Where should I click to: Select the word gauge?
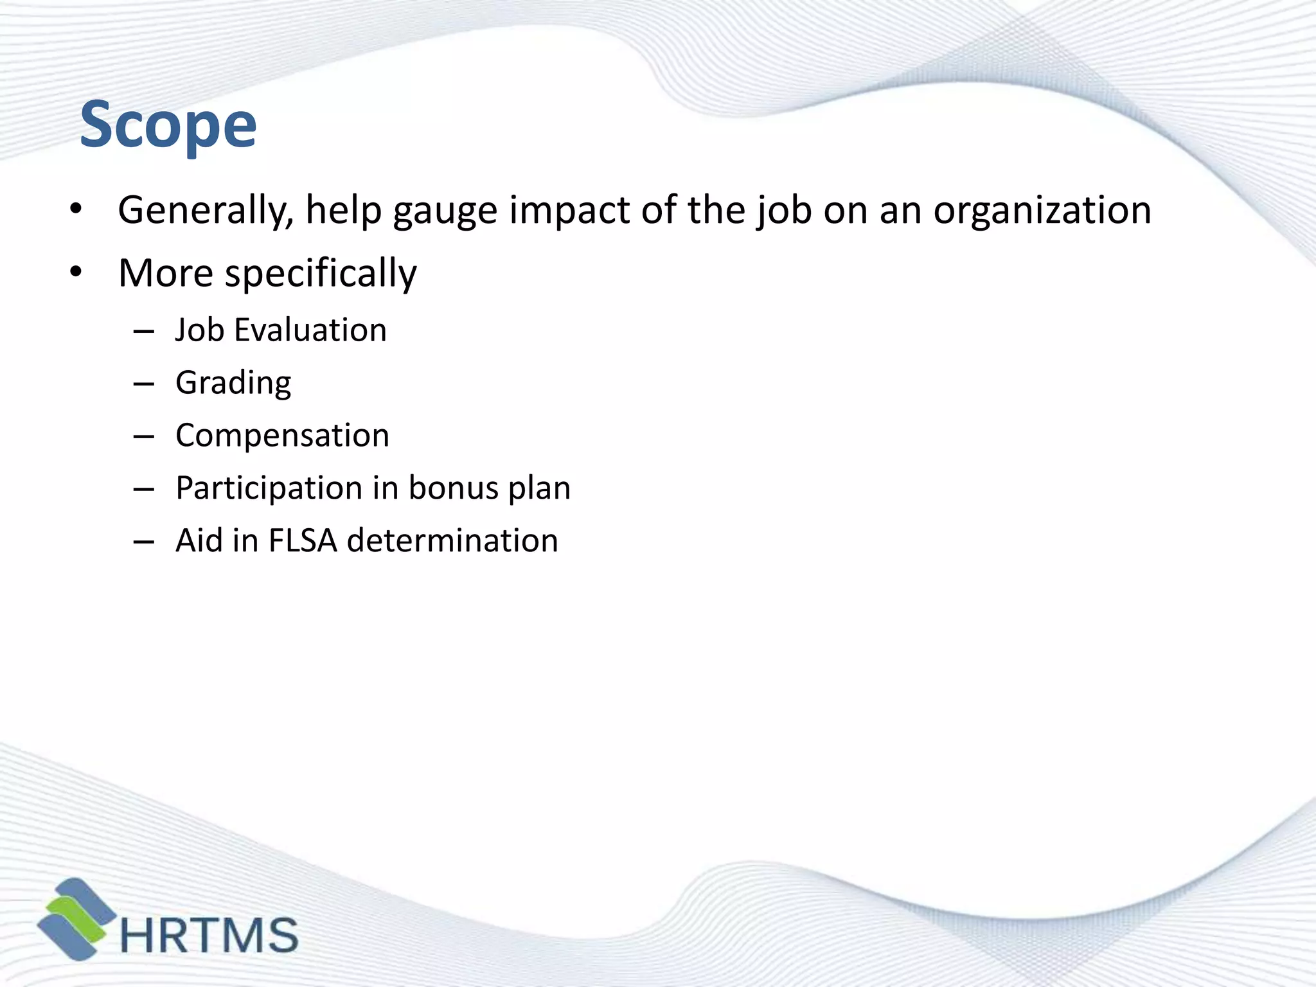pyautogui.click(x=445, y=211)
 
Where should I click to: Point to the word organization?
pyautogui.click(x=1042, y=211)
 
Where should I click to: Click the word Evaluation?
pyautogui.click(x=310, y=330)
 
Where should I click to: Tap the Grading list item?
pyautogui.click(x=233, y=384)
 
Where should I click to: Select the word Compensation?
pyautogui.click(x=282, y=436)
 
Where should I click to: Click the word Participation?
pyautogui.click(x=269, y=488)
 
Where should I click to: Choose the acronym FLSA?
pyautogui.click(x=303, y=540)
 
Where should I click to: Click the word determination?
pyautogui.click(x=452, y=540)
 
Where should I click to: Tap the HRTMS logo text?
pyautogui.click(x=209, y=935)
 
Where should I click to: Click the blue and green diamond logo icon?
pyautogui.click(x=76, y=919)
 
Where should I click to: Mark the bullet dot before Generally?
pyautogui.click(x=76, y=209)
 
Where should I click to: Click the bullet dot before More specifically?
pyautogui.click(x=76, y=272)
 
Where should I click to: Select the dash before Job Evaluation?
pyautogui.click(x=144, y=332)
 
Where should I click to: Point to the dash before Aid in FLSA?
pyautogui.click(x=144, y=542)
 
